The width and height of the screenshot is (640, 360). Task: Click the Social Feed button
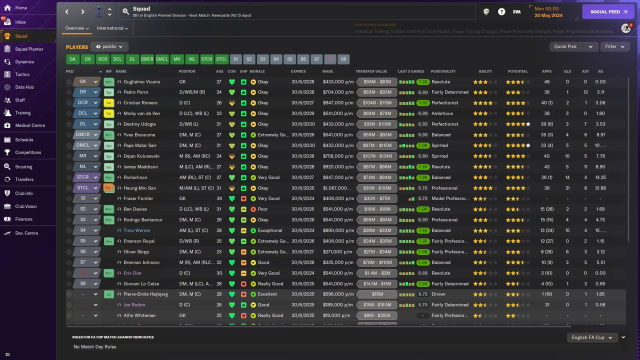(608, 11)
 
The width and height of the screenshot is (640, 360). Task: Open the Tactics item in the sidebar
(22, 74)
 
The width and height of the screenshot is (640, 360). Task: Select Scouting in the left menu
(23, 167)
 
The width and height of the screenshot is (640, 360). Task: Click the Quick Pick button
(565, 46)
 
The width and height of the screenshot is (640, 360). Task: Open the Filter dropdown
(614, 46)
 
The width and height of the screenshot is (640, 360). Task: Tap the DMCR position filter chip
(147, 59)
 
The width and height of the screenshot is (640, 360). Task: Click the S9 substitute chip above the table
(343, 59)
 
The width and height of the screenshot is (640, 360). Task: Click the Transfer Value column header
(371, 71)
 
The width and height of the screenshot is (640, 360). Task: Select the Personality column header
(443, 71)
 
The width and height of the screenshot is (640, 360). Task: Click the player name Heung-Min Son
(139, 188)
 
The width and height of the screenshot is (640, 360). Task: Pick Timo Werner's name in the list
(136, 230)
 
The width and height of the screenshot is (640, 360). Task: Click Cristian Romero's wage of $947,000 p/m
(338, 103)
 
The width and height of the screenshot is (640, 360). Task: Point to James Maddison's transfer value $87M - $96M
(377, 167)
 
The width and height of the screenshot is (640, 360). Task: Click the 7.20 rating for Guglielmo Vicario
(423, 82)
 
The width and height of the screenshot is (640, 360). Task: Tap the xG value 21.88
(600, 188)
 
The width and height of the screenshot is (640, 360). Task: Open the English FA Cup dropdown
(592, 337)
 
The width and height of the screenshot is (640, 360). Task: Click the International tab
(112, 28)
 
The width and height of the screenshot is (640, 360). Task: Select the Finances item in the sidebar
(23, 219)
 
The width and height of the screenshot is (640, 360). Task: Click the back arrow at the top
(67, 11)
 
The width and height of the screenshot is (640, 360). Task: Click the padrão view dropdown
(108, 46)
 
